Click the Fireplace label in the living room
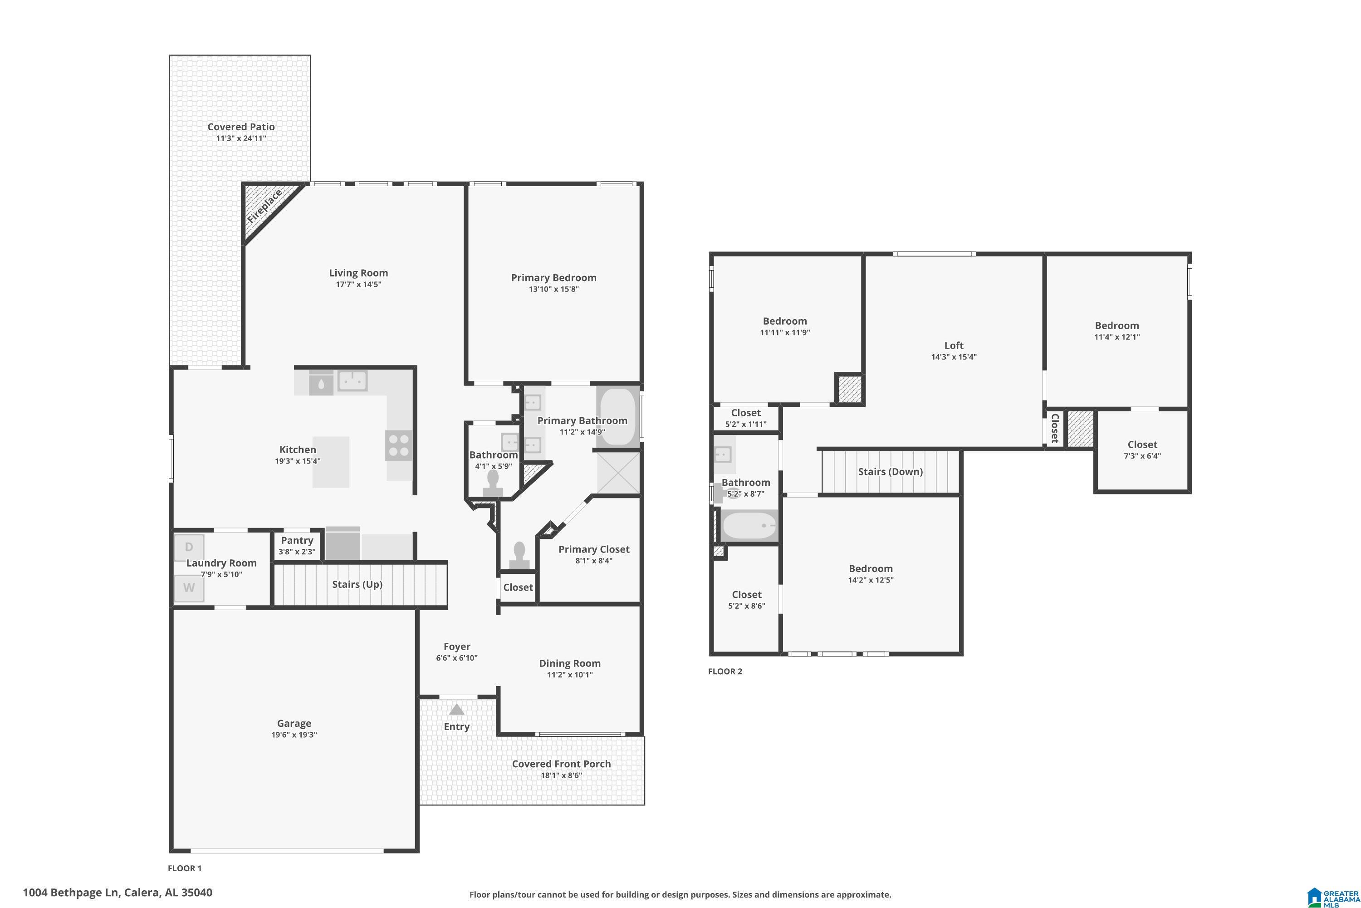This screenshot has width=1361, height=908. pos(264,206)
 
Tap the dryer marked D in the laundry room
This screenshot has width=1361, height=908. pos(189,547)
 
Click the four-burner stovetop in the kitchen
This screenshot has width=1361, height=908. pos(399,446)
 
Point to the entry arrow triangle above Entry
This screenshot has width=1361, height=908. pos(456,709)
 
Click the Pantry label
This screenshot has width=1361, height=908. pos(297,540)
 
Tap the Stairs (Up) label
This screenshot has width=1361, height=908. pos(357,584)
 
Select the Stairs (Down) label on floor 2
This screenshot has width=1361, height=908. pos(890,471)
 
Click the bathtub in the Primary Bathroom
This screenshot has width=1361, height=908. pos(618,417)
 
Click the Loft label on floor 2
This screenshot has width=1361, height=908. pos(954,345)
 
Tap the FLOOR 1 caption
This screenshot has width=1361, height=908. pos(185,868)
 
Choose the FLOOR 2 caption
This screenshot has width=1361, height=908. pos(725,671)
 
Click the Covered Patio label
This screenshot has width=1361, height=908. pos(241,127)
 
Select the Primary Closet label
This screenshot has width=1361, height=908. pos(594,549)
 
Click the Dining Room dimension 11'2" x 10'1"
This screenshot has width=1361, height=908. pos(569,675)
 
